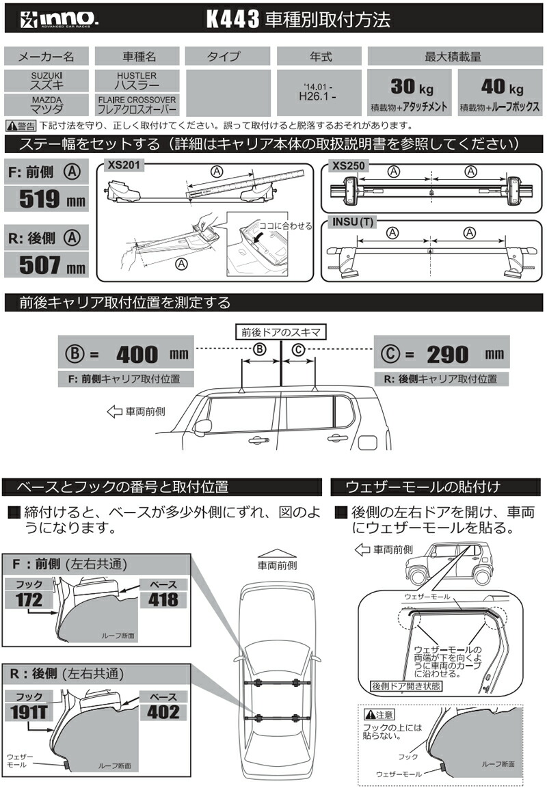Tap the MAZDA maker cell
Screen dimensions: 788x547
click(x=46, y=105)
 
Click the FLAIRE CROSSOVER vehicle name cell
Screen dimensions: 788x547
click(x=136, y=105)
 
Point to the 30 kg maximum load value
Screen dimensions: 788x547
click(x=410, y=87)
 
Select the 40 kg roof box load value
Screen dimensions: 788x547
click(x=500, y=87)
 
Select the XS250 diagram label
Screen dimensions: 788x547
click(x=347, y=165)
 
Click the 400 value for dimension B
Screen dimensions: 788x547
click(x=136, y=354)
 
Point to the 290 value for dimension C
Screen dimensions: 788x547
click(x=448, y=354)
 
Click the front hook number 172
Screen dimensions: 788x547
click(x=28, y=600)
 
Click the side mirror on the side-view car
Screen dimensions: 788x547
click(x=203, y=426)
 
